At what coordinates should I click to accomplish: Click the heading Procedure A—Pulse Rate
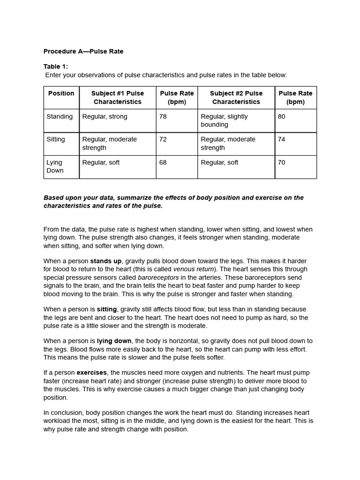(83, 51)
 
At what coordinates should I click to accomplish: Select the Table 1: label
(55, 67)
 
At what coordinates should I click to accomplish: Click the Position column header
(61, 93)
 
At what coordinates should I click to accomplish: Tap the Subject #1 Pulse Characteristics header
(117, 97)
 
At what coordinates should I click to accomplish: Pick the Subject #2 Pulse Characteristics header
(236, 97)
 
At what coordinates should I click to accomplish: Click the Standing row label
(60, 116)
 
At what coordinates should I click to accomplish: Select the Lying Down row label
(55, 166)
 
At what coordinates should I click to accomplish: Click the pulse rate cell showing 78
(163, 116)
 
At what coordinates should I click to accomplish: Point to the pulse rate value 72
(163, 139)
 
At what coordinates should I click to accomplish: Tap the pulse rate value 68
(163, 162)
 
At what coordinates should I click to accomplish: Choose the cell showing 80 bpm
(281, 116)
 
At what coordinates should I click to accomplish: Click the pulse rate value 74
(281, 139)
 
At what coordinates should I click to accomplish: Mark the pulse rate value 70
(281, 162)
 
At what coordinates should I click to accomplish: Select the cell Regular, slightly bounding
(224, 120)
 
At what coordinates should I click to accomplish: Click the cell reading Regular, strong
(105, 116)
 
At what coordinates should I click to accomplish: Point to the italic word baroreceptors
(158, 277)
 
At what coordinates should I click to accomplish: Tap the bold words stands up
(106, 261)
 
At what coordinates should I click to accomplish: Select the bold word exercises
(92, 373)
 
